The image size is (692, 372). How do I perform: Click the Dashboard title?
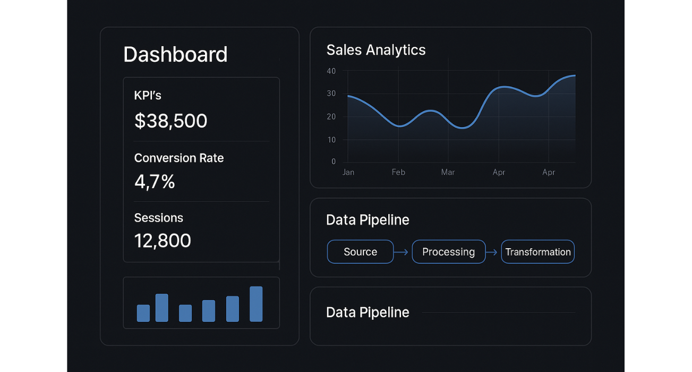pyautogui.click(x=175, y=54)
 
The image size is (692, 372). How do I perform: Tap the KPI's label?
pyautogui.click(x=148, y=96)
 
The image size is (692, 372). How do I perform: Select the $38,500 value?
pyautogui.click(x=170, y=121)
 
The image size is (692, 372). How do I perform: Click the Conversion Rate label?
pyautogui.click(x=179, y=158)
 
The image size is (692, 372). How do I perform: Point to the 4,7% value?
pyautogui.click(x=155, y=182)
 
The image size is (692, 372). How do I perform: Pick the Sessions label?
pyautogui.click(x=158, y=218)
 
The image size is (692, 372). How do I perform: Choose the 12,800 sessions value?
pyautogui.click(x=163, y=241)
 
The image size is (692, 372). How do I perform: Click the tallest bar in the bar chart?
pyautogui.click(x=256, y=304)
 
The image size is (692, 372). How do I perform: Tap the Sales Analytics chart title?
pyautogui.click(x=376, y=50)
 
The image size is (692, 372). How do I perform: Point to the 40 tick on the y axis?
pyautogui.click(x=331, y=71)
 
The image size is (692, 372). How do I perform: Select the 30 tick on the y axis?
pyautogui.click(x=331, y=94)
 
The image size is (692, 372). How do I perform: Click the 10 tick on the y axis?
pyautogui.click(x=331, y=140)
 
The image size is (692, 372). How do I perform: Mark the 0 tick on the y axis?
pyautogui.click(x=334, y=162)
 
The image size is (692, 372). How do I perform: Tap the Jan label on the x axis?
pyautogui.click(x=348, y=172)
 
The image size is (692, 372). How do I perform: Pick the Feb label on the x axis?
pyautogui.click(x=398, y=172)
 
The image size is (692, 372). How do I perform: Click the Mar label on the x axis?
pyautogui.click(x=448, y=172)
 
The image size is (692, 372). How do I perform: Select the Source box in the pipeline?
pyautogui.click(x=360, y=252)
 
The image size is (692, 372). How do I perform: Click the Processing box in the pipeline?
pyautogui.click(x=448, y=252)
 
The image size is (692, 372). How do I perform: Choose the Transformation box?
pyautogui.click(x=537, y=252)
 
